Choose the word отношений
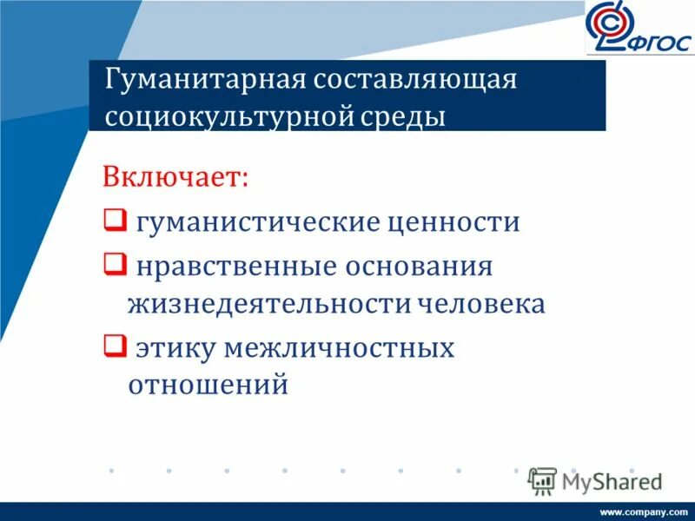click(x=208, y=385)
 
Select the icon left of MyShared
click(x=542, y=480)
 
